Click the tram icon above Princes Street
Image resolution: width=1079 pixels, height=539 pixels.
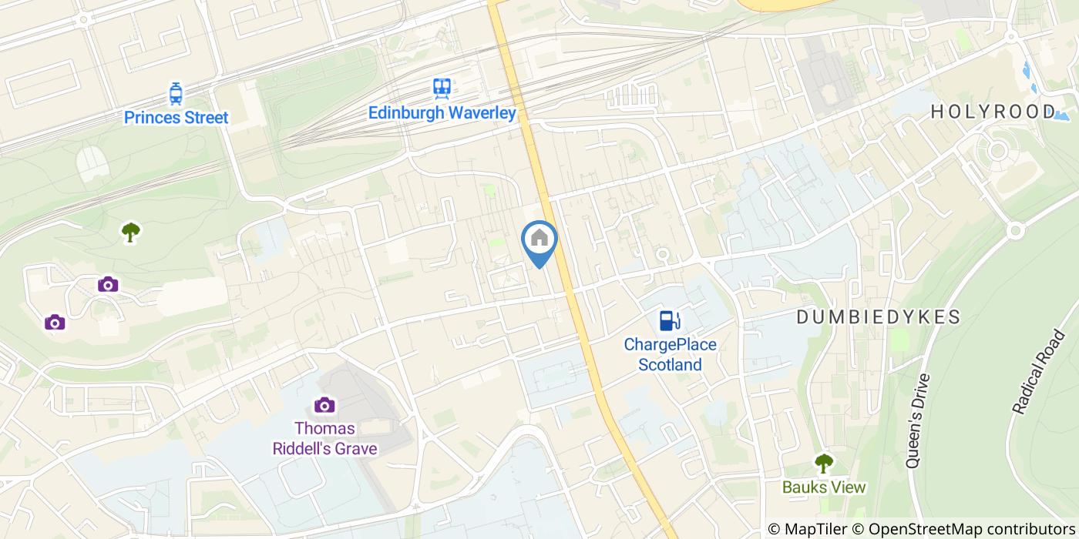click(176, 94)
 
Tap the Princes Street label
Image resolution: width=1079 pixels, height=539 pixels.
click(176, 118)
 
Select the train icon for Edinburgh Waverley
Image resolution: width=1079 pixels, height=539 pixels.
click(442, 89)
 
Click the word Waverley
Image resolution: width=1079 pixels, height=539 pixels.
click(482, 113)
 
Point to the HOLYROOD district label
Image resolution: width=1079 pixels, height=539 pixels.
click(992, 112)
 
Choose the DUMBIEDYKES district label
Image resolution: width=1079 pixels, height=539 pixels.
click(879, 316)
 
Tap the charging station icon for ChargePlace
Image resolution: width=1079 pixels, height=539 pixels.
click(670, 320)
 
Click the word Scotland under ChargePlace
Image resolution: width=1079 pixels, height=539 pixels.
click(670, 364)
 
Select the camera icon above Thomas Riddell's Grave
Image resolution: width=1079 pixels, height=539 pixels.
click(324, 404)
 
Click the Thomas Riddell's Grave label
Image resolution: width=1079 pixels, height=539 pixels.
click(324, 437)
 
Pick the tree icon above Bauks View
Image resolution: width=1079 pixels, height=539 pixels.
click(824, 463)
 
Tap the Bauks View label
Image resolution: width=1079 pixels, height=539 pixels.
click(824, 487)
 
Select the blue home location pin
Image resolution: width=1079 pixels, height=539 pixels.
click(539, 239)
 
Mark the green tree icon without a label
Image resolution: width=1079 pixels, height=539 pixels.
click(131, 231)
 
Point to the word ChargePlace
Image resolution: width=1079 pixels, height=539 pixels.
click(670, 344)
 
